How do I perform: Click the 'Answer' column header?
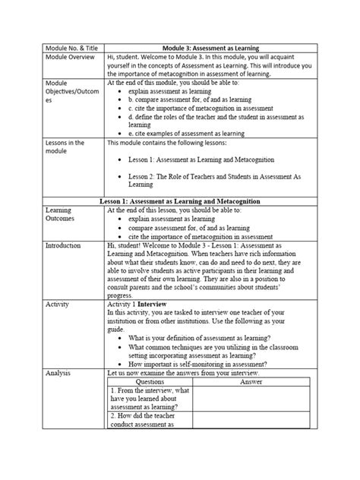[251, 383]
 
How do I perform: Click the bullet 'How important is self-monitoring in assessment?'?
[200, 365]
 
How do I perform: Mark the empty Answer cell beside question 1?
[251, 401]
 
